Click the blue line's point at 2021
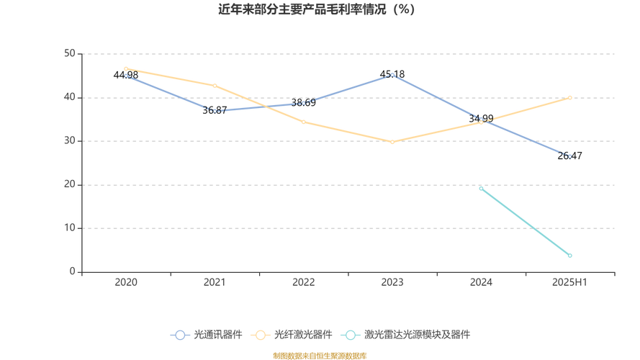[215, 111]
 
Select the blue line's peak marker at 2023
[392, 75]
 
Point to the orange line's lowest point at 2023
[392, 142]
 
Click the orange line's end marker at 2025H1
[569, 97]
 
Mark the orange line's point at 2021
[215, 86]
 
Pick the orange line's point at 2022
[303, 122]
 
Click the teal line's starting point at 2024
[481, 188]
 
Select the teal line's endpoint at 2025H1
[569, 256]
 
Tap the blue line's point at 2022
[303, 103]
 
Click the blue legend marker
[180, 335]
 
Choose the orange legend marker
[260, 335]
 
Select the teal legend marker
[351, 335]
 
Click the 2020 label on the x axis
[126, 282]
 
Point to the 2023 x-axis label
[392, 282]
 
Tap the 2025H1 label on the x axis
[569, 282]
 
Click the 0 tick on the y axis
[73, 272]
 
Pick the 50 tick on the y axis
[70, 53]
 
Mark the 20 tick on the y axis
[70, 185]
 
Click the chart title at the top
[317, 10]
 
